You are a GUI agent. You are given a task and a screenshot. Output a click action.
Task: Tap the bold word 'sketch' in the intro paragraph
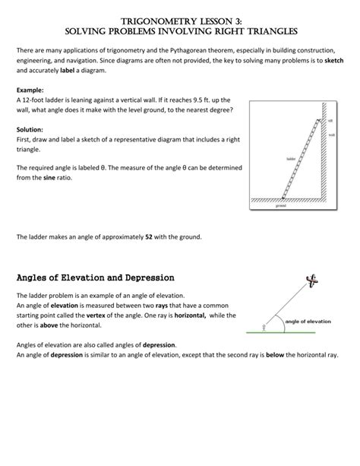[x=334, y=59]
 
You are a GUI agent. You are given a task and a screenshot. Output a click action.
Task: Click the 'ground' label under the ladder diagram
[x=281, y=206]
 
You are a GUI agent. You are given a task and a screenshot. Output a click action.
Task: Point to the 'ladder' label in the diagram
[x=290, y=158]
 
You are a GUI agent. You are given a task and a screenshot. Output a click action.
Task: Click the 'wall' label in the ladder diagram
[x=333, y=135]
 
